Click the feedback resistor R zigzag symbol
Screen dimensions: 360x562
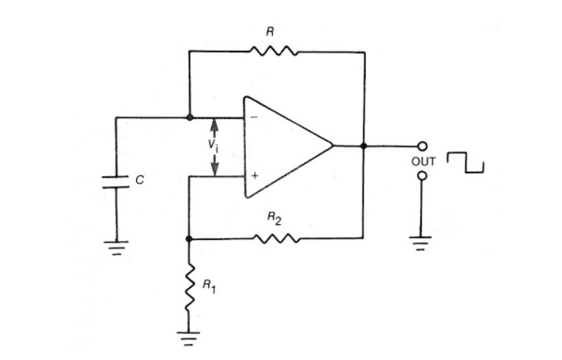tap(274, 51)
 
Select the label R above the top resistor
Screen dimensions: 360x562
tap(270, 32)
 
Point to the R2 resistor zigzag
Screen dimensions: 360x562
tap(277, 238)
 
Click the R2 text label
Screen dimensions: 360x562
tap(274, 219)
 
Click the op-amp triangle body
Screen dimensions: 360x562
tap(284, 147)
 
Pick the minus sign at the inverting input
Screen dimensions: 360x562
tap(254, 118)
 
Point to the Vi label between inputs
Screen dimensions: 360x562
tap(214, 145)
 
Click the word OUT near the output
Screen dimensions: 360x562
tap(423, 161)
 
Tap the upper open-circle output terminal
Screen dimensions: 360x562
tap(422, 146)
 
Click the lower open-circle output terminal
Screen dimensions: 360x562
tap(422, 176)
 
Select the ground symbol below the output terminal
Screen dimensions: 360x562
tap(422, 242)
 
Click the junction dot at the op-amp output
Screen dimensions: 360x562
tap(364, 146)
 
